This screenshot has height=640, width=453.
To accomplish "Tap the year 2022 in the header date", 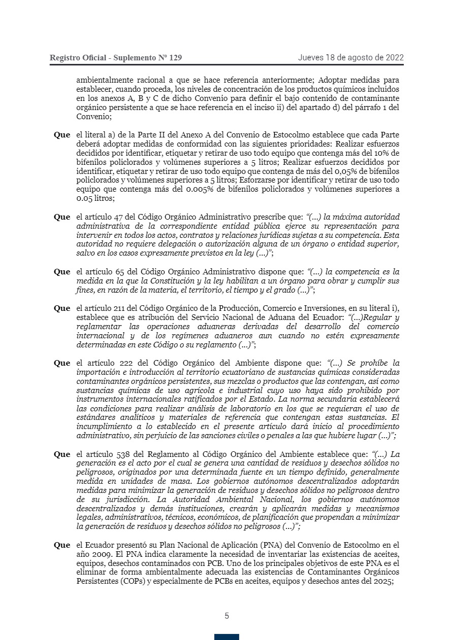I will [394, 57].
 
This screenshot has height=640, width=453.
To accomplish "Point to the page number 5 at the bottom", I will [226, 616].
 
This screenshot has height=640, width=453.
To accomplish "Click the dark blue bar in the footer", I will [226, 636].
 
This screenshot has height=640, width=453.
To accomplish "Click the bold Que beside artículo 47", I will [62, 217].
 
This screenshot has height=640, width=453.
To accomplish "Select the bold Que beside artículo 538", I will [62, 454].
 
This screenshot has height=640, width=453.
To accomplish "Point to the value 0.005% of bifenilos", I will [190, 190].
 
